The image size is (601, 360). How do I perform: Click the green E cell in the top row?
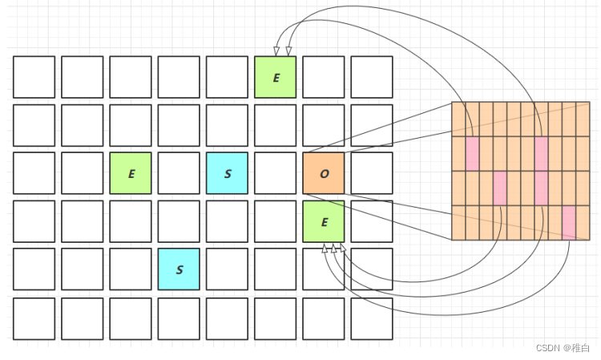tap(276, 77)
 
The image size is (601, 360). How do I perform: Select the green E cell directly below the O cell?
tap(324, 221)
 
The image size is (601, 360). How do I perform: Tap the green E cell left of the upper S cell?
tap(131, 173)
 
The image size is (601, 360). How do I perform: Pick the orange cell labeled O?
tap(324, 173)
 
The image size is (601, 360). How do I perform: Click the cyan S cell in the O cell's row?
tap(228, 173)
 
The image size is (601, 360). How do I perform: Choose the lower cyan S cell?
tap(179, 269)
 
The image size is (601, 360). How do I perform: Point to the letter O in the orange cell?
tap(324, 174)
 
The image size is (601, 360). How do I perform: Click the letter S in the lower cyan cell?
tap(179, 270)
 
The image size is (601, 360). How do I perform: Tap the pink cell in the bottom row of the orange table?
tap(569, 223)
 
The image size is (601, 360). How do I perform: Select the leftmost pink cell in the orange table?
tap(472, 153)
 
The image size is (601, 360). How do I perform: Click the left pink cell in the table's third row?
tap(499, 188)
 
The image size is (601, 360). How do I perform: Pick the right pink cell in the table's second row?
tap(542, 153)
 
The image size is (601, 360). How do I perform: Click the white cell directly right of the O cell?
tap(372, 173)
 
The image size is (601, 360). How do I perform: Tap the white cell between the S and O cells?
tap(276, 173)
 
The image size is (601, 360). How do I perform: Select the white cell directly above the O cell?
tap(324, 125)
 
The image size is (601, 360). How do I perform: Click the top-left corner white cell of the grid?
tap(34, 77)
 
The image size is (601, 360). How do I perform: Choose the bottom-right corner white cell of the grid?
tap(372, 318)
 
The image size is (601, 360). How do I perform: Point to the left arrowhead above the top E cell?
tap(279, 51)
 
